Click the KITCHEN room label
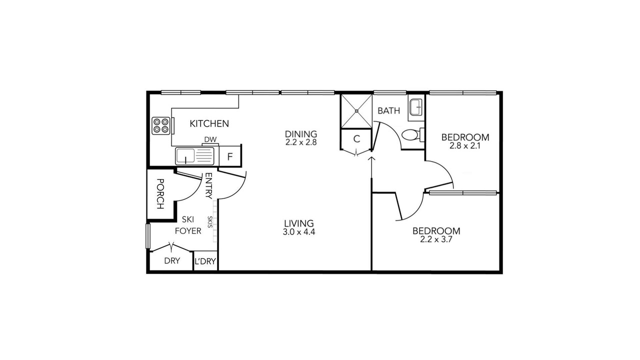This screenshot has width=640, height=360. (x=209, y=123)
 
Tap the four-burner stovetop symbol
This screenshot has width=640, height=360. (x=161, y=125)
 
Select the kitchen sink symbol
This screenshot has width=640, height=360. (x=194, y=156)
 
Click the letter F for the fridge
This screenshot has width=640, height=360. (x=230, y=156)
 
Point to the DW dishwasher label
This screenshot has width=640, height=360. (x=210, y=139)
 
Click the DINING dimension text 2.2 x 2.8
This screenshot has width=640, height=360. (x=301, y=142)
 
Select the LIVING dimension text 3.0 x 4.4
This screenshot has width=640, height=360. (x=299, y=232)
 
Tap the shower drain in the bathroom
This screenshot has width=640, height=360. (x=356, y=111)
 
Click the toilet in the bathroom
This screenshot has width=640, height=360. (x=413, y=134)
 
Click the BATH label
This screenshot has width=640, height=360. (x=389, y=110)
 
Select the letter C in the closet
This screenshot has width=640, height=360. (x=356, y=139)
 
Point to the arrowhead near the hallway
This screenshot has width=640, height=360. (x=371, y=159)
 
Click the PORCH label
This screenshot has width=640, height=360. (x=160, y=194)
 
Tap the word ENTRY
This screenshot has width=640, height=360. (x=209, y=185)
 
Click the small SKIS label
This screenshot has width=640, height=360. (x=210, y=221)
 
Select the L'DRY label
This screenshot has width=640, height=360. (x=205, y=261)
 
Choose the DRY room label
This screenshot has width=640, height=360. (x=172, y=261)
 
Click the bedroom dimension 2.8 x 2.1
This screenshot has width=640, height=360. (x=465, y=146)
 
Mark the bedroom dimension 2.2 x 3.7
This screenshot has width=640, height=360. (x=436, y=239)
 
